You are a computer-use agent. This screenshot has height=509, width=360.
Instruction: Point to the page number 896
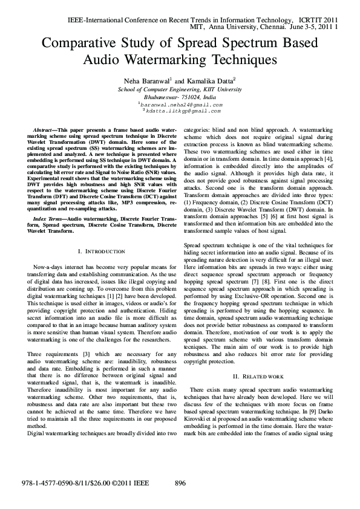[180, 483]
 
